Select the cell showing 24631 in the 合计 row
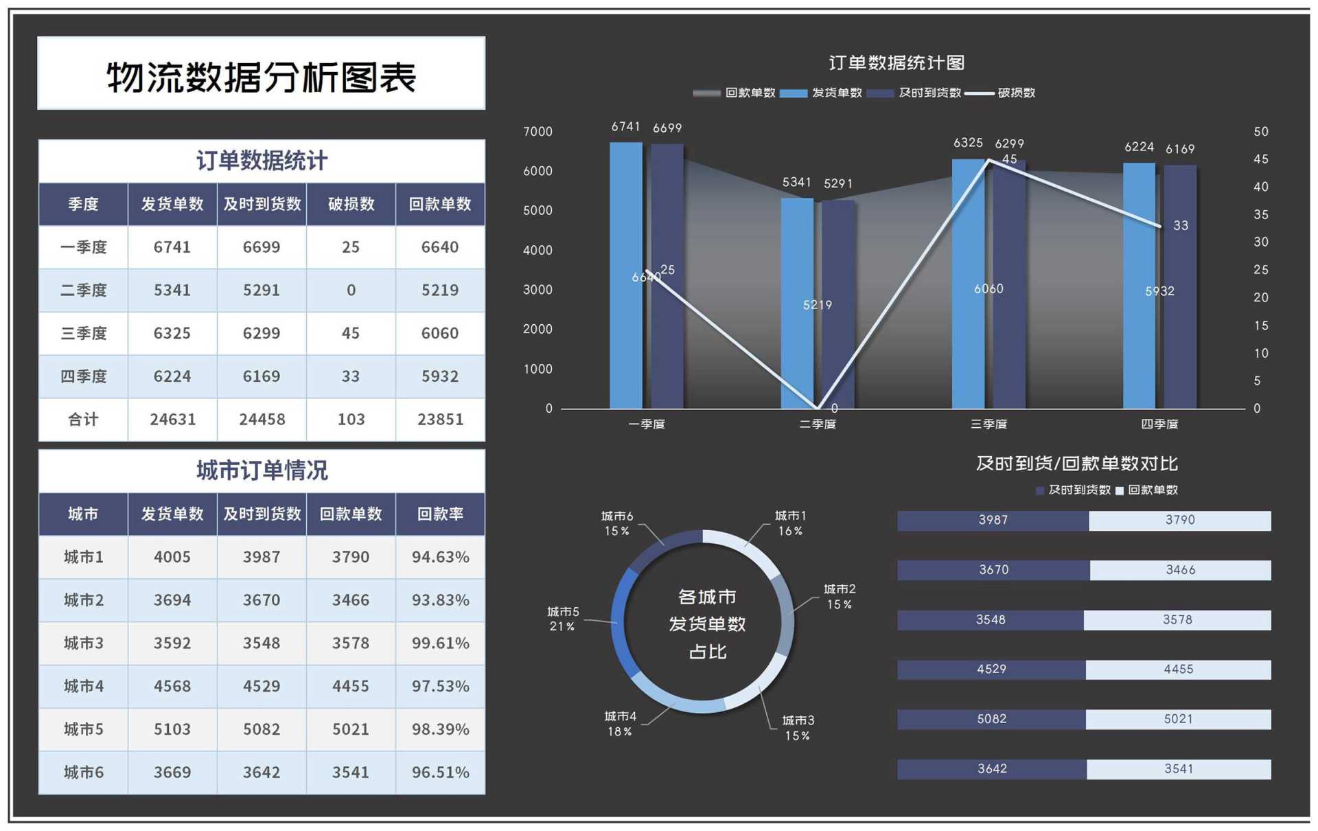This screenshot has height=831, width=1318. [172, 419]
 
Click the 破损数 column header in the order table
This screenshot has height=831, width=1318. [351, 204]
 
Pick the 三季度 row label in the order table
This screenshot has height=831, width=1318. [83, 333]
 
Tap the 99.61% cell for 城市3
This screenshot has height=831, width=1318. [440, 643]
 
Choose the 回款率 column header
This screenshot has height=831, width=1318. [440, 514]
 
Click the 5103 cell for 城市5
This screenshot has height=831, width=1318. [172, 729]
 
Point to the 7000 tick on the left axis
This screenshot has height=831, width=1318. [537, 131]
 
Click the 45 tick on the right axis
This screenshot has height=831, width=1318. [1260, 159]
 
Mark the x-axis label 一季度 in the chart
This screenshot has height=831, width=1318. [646, 424]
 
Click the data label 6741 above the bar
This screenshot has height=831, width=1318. [625, 127]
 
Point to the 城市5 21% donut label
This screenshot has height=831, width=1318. [563, 618]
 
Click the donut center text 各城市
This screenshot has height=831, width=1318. [707, 596]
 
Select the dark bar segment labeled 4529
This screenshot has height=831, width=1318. [991, 669]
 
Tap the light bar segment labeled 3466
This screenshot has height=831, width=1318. [1180, 569]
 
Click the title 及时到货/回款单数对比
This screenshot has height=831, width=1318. [1076, 464]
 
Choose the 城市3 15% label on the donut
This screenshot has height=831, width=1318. [798, 727]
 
